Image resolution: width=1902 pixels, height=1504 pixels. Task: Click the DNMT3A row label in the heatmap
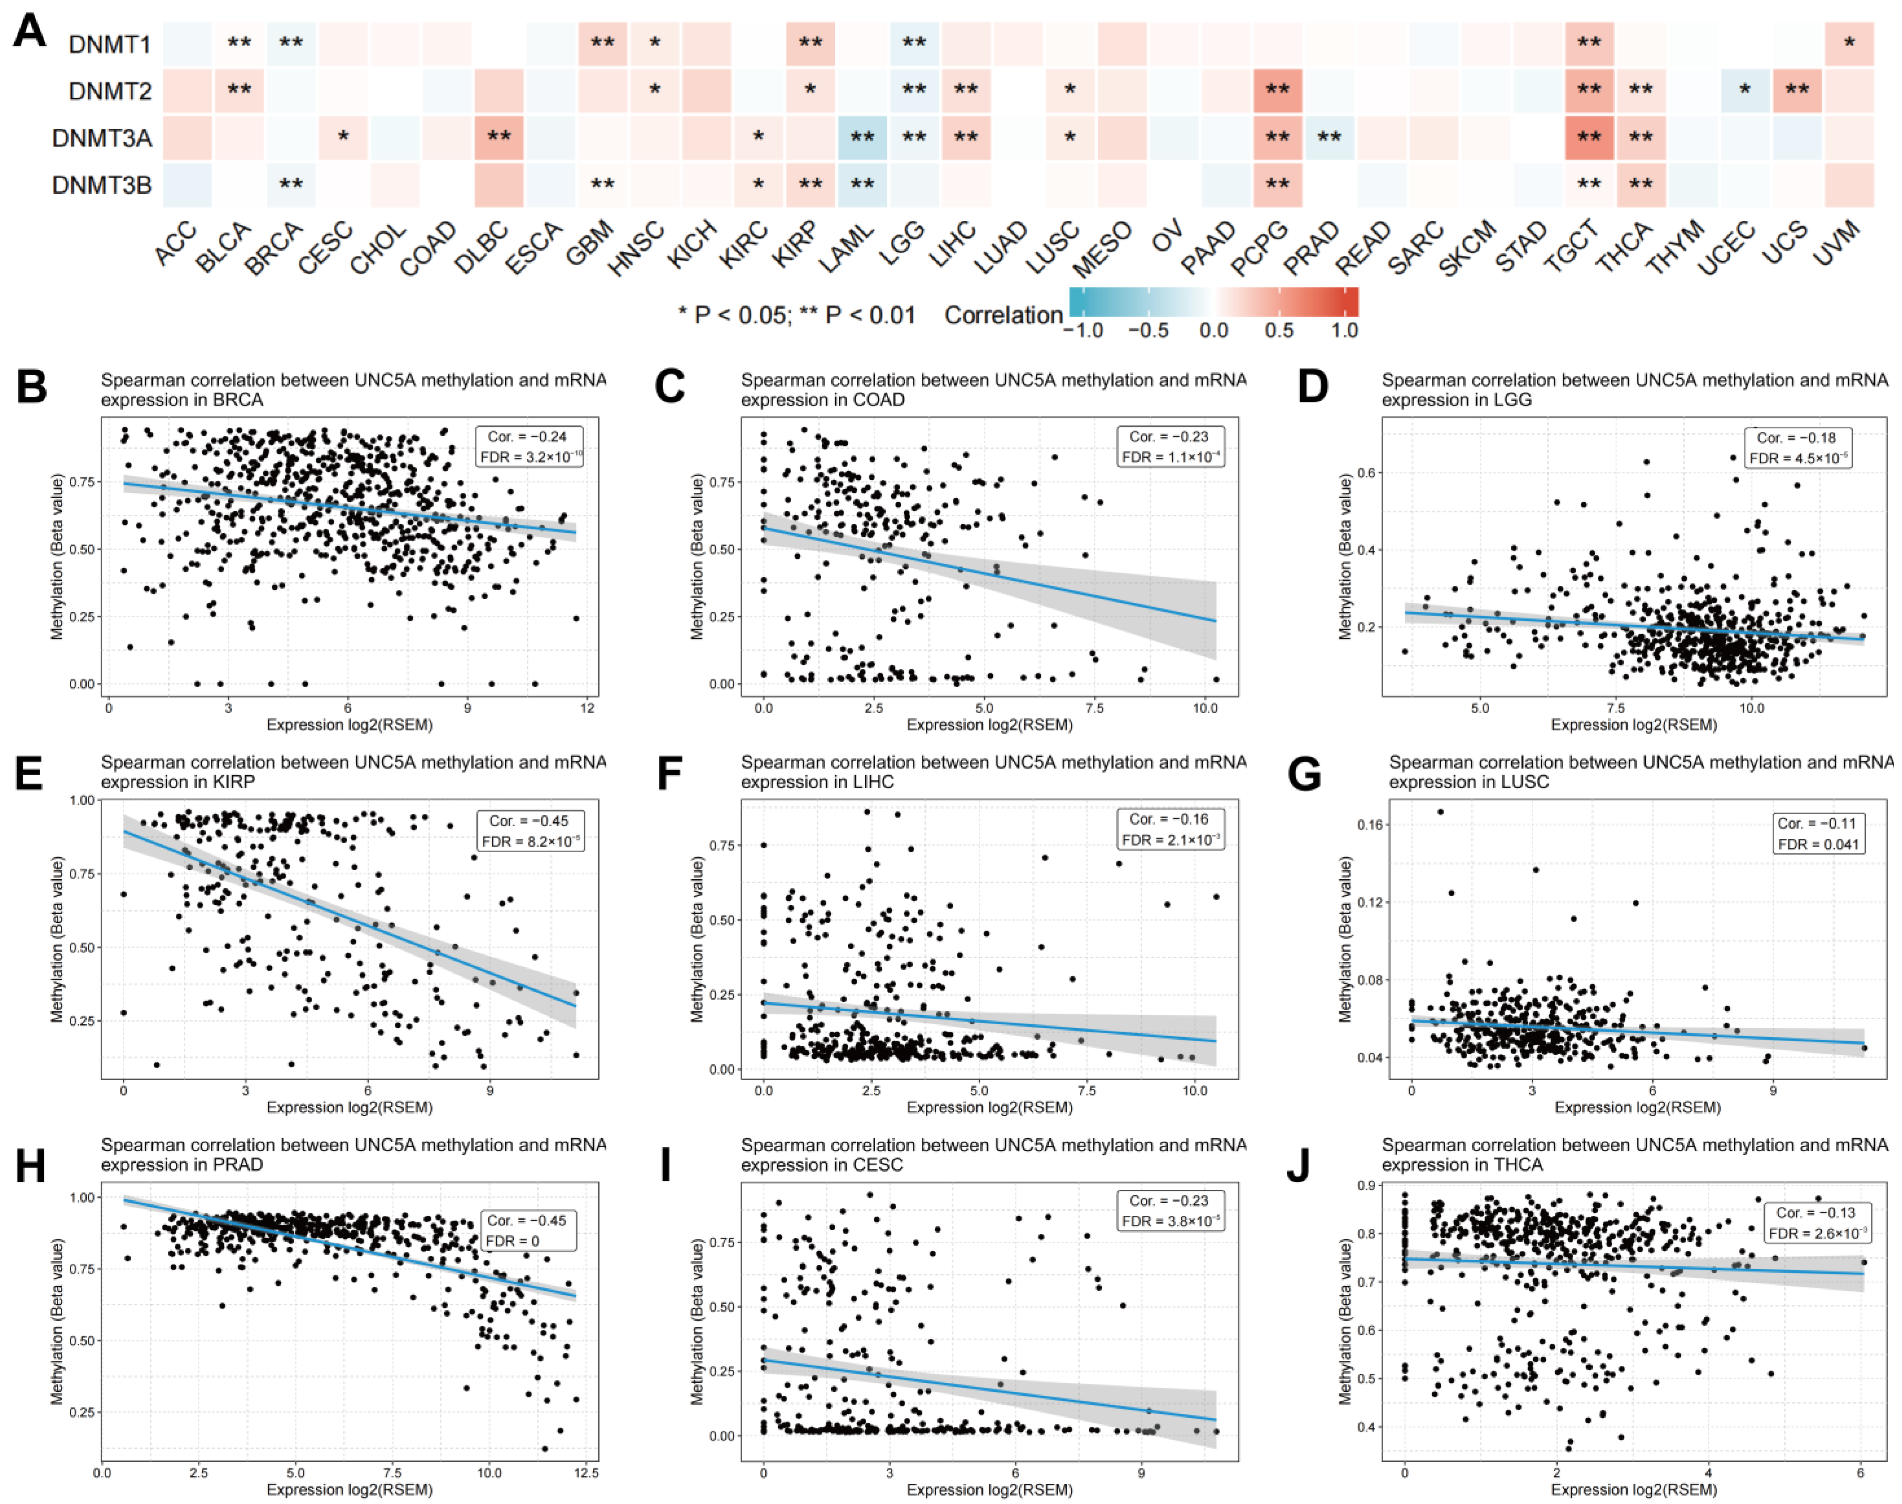pos(101,138)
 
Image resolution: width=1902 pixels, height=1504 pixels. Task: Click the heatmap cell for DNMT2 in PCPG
pos(1277,91)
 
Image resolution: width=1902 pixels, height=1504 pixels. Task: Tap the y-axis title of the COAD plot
pos(698,557)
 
